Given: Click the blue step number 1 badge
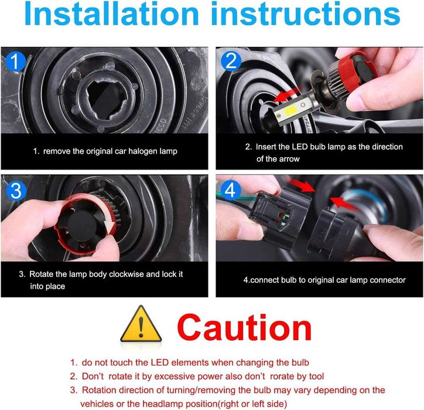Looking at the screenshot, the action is [15, 62].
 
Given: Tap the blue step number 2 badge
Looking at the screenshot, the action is [231, 61].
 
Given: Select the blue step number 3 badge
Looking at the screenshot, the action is [16, 191].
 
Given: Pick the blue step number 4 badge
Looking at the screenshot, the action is [231, 190].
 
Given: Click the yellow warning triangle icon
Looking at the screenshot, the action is [141, 324].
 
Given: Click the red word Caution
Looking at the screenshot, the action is [244, 327].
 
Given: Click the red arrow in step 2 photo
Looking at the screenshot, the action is [287, 95].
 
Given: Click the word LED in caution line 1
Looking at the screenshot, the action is [159, 362].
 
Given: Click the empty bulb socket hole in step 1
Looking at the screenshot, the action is [107, 100].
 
